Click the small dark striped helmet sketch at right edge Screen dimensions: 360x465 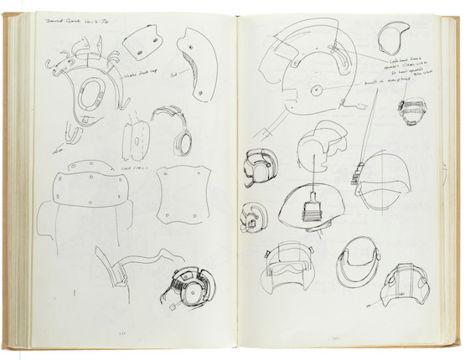pos(408,113)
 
